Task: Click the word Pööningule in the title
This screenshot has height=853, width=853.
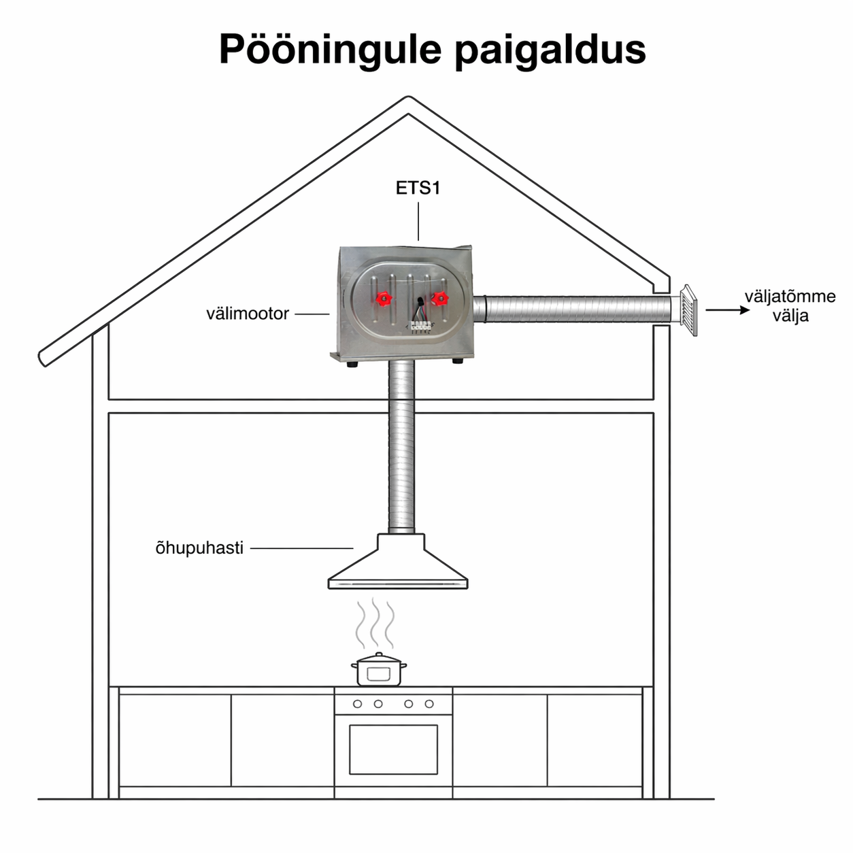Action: pyautogui.click(x=331, y=49)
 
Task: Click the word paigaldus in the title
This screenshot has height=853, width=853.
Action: pyautogui.click(x=550, y=49)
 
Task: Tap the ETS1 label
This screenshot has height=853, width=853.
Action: pyautogui.click(x=418, y=188)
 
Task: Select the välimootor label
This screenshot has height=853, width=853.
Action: pyautogui.click(x=248, y=314)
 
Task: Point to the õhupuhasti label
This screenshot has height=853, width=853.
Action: pyautogui.click(x=199, y=548)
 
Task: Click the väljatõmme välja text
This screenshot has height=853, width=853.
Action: pyautogui.click(x=790, y=306)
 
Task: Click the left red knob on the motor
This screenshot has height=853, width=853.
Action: pyautogui.click(x=384, y=299)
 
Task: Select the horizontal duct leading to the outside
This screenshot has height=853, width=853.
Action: pyautogui.click(x=575, y=309)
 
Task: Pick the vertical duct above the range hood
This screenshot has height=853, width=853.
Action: pyautogui.click(x=401, y=449)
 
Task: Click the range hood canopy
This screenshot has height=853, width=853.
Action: pyautogui.click(x=399, y=565)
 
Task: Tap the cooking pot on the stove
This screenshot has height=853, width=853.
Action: pyautogui.click(x=379, y=670)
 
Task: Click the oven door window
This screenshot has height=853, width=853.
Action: pyautogui.click(x=393, y=749)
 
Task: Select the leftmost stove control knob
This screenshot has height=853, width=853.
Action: pyautogui.click(x=357, y=704)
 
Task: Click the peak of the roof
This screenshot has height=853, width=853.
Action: pyautogui.click(x=408, y=102)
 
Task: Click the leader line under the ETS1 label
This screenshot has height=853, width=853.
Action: pyautogui.click(x=418, y=222)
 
